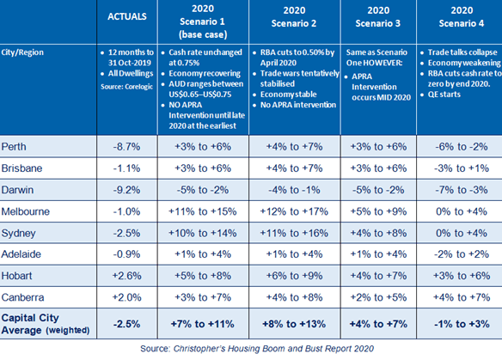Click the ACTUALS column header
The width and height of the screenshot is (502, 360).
pyautogui.click(x=127, y=16)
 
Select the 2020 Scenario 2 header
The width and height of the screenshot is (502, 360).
pyautogui.click(x=294, y=17)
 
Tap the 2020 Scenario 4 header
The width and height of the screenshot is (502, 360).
pyautogui.click(x=462, y=17)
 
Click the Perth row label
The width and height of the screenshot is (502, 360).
pyautogui.click(x=14, y=147)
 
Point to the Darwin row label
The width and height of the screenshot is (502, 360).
pyautogui.click(x=17, y=190)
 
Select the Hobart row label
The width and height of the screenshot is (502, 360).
pyautogui.click(x=16, y=276)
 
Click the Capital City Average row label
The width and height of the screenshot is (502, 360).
pyautogui.click(x=46, y=324)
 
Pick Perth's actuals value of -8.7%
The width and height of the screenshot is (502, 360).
pyautogui.click(x=126, y=147)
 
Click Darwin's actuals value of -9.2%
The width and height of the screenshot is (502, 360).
pyautogui.click(x=126, y=190)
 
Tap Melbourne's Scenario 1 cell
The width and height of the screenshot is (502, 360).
pyautogui.click(x=203, y=211)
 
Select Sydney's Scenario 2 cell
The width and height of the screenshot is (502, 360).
pyautogui.click(x=294, y=233)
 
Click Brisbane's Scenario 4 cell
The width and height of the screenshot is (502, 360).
pyautogui.click(x=462, y=168)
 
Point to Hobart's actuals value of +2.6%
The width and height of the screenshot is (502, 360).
pyautogui.click(x=126, y=276)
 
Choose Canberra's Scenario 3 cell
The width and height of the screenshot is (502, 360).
pyautogui.click(x=378, y=297)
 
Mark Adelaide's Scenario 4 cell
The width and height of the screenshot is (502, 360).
pyautogui.click(x=462, y=254)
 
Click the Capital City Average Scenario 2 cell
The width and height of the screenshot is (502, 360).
pyautogui.click(x=294, y=324)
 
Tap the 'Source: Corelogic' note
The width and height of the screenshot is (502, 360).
pyautogui.click(x=126, y=87)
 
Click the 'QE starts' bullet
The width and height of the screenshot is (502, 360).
pyautogui.click(x=440, y=95)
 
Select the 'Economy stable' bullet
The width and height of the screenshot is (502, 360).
pyautogui.click(x=285, y=95)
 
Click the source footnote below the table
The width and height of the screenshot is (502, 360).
pyautogui.click(x=257, y=349)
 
